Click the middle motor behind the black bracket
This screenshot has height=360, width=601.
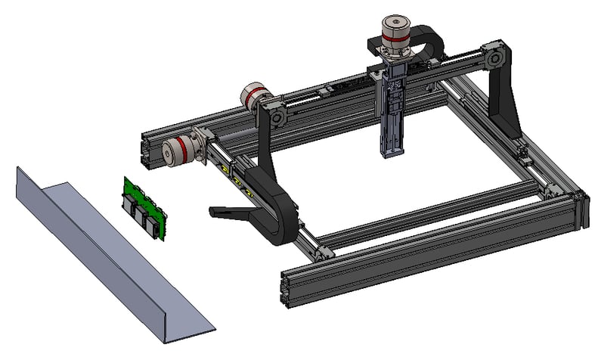click(256, 96)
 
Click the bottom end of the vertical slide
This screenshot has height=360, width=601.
click(394, 154)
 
